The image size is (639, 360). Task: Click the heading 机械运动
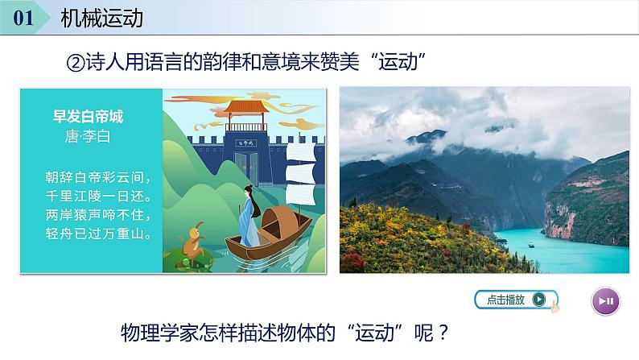102,18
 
